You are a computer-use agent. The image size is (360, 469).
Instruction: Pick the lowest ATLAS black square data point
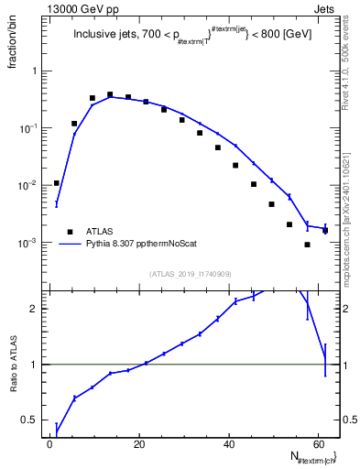(x=307, y=245)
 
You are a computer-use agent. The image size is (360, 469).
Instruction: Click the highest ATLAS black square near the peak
(x=110, y=94)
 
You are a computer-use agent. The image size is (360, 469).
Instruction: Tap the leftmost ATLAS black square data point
(x=57, y=183)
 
